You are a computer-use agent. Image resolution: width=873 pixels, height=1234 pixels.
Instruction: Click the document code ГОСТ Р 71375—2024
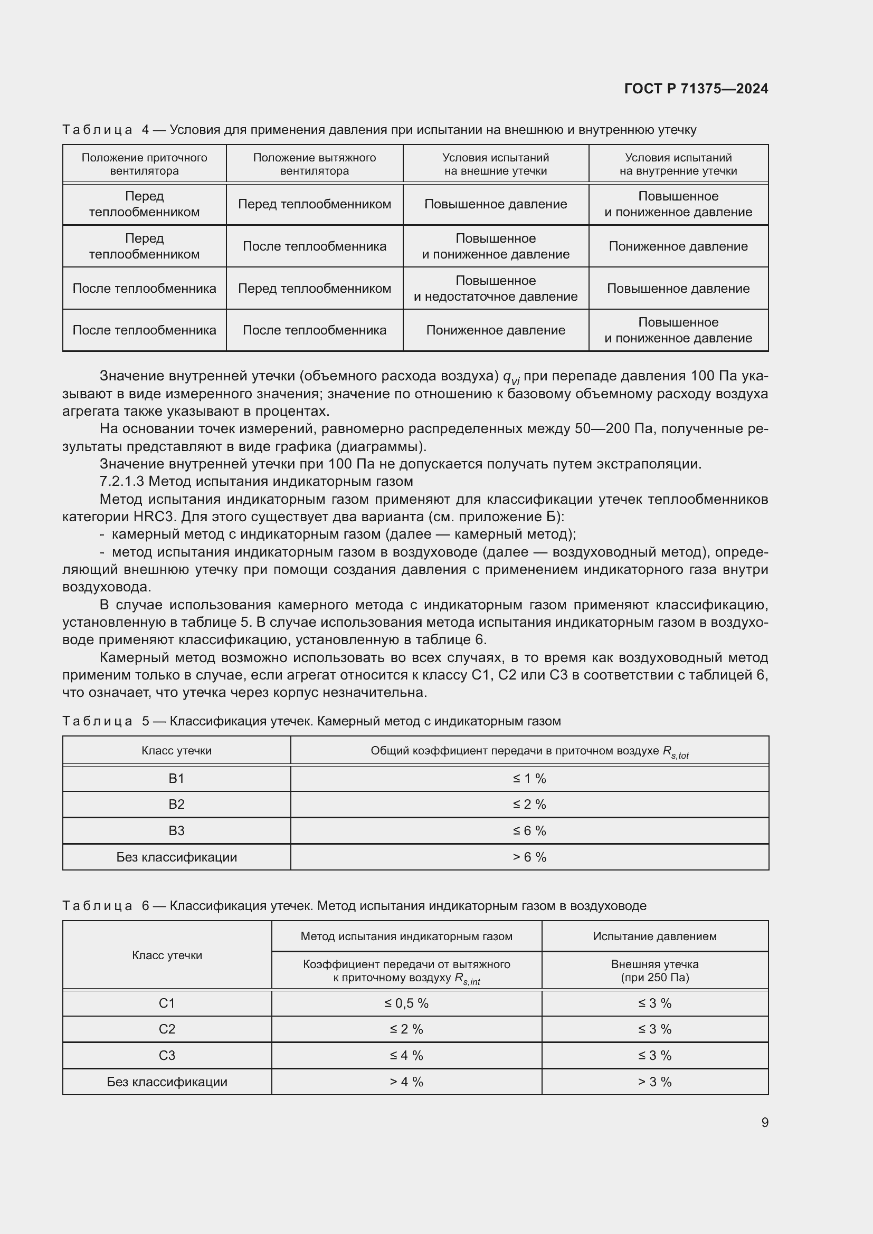point(696,89)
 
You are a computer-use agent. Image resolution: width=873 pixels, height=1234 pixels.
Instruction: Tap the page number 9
point(764,1123)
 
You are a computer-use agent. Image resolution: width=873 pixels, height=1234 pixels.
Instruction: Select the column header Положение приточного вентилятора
point(144,164)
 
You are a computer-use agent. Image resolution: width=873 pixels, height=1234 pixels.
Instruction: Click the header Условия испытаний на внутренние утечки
point(678,164)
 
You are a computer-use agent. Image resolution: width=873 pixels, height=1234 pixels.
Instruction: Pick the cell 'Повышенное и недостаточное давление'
point(495,288)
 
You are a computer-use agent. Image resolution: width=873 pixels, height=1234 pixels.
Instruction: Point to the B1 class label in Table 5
point(176,778)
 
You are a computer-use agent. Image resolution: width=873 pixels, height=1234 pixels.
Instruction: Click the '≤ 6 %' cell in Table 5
point(529,830)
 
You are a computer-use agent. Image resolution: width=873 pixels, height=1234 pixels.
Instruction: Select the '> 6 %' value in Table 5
point(529,857)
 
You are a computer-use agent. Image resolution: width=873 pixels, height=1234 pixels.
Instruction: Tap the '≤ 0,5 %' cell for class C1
point(406,1003)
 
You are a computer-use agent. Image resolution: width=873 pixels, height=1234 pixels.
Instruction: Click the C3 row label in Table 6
point(167,1055)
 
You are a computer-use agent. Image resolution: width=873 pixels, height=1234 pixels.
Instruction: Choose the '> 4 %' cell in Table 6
point(406,1082)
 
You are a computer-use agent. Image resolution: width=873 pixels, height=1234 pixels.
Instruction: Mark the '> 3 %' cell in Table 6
point(654,1082)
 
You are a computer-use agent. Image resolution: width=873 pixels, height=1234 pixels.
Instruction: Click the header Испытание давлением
point(654,936)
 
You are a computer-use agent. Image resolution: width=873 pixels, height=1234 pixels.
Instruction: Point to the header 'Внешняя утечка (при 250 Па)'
point(654,970)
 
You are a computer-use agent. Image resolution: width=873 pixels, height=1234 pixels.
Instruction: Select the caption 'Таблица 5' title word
point(97,721)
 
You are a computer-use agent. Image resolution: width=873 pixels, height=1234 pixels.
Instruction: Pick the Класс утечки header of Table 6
point(167,954)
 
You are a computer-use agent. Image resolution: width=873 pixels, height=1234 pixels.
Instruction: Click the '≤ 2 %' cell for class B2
point(529,804)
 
